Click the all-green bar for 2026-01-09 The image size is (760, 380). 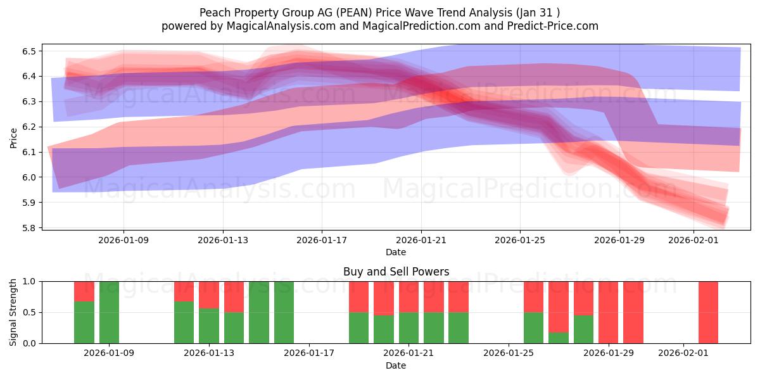tap(109, 312)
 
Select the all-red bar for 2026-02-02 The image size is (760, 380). tap(708, 312)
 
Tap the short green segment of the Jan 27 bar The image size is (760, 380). tap(559, 338)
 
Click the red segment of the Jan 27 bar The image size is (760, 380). tap(559, 306)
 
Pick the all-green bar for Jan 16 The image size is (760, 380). tap(284, 312)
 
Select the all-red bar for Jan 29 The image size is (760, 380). tap(608, 312)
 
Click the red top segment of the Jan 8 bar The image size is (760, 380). tap(84, 291)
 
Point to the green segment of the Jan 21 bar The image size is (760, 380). tap(408, 328)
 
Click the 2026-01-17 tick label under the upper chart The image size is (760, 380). tap(322, 240)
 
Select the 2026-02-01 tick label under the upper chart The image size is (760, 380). tap(693, 240)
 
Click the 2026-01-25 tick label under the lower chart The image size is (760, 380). tap(508, 353)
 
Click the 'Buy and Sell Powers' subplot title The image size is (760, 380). tap(396, 272)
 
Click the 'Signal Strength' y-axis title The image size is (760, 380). tap(13, 312)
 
